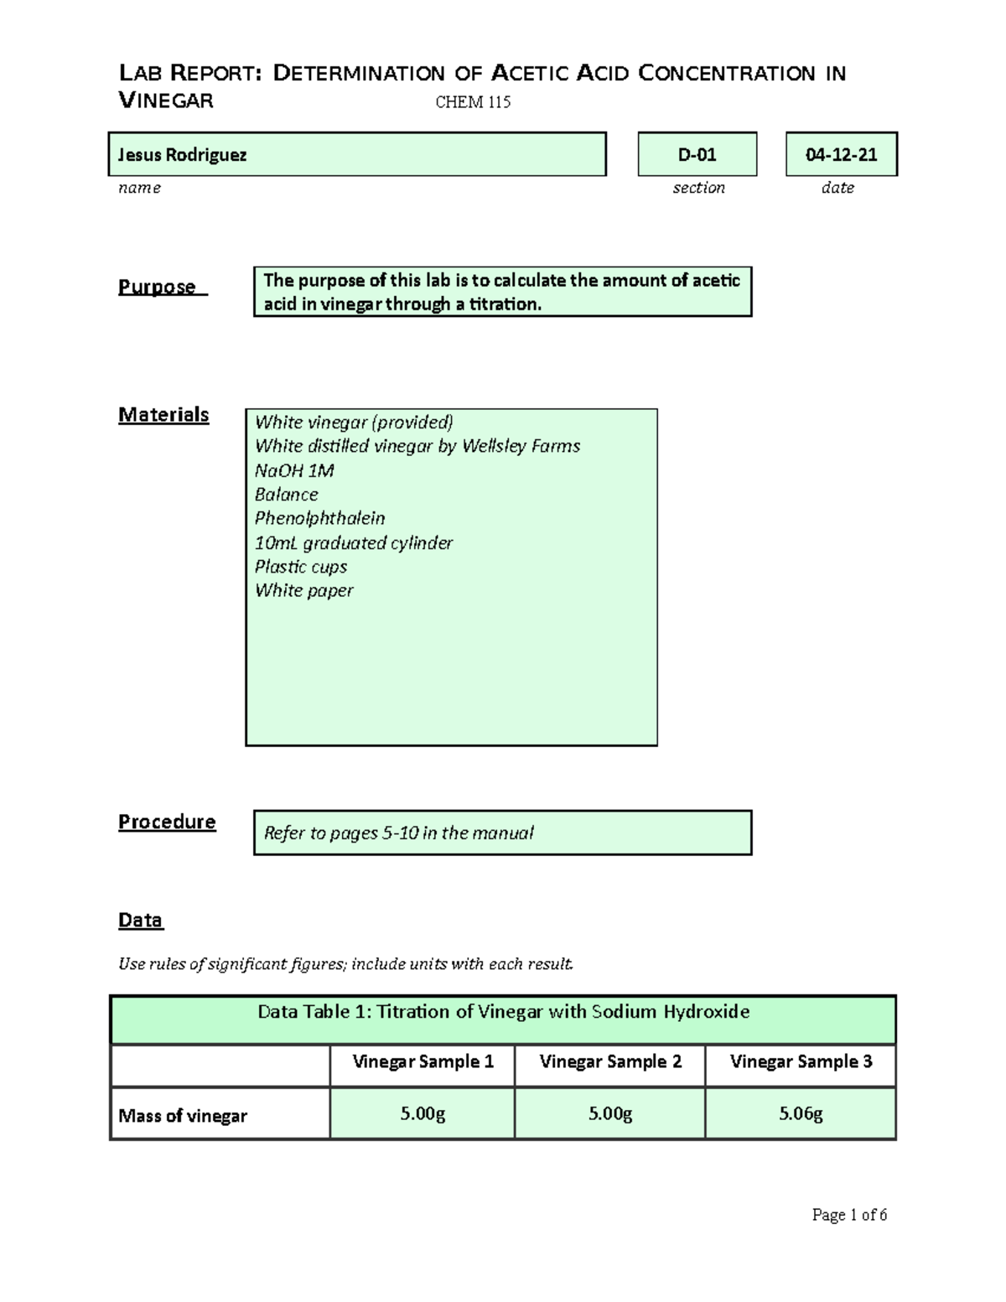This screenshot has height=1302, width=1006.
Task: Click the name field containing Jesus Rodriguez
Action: click(x=356, y=154)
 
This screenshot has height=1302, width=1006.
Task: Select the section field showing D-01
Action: click(x=697, y=154)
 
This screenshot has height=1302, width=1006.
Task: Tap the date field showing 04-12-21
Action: click(x=841, y=154)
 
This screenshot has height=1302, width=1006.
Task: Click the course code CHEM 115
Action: click(x=473, y=102)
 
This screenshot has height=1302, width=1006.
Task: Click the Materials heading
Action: click(x=163, y=414)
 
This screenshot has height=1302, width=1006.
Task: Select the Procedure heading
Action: click(x=167, y=822)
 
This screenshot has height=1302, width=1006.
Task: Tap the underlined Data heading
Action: click(x=140, y=920)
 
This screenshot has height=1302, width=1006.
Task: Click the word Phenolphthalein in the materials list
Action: click(x=319, y=518)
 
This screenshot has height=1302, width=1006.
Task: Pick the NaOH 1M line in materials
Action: click(x=294, y=470)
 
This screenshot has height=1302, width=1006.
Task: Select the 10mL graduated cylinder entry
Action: click(x=353, y=542)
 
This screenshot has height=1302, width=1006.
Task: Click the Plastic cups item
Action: click(x=300, y=567)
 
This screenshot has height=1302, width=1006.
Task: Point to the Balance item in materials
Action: click(x=286, y=495)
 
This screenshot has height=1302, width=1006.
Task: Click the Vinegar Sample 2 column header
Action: click(x=609, y=1061)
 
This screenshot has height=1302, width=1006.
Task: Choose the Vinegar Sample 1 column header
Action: click(x=423, y=1061)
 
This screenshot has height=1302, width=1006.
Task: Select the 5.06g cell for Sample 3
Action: click(x=801, y=1113)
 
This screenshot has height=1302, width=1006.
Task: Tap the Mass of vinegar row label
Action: click(x=183, y=1115)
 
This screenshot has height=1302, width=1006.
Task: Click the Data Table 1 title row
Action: click(x=503, y=1012)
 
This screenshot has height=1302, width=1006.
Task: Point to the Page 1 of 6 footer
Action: click(x=849, y=1215)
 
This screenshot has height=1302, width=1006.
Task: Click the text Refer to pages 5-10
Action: click(x=399, y=833)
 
